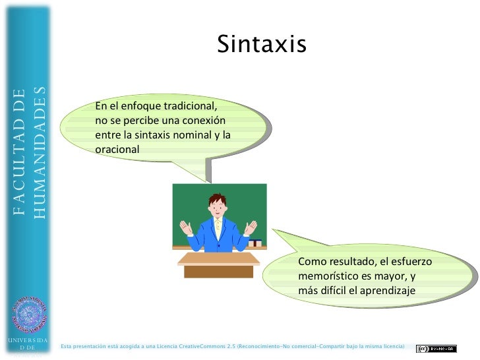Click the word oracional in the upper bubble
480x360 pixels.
117,150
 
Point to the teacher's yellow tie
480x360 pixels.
219,228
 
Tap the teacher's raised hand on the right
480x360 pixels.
250,227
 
